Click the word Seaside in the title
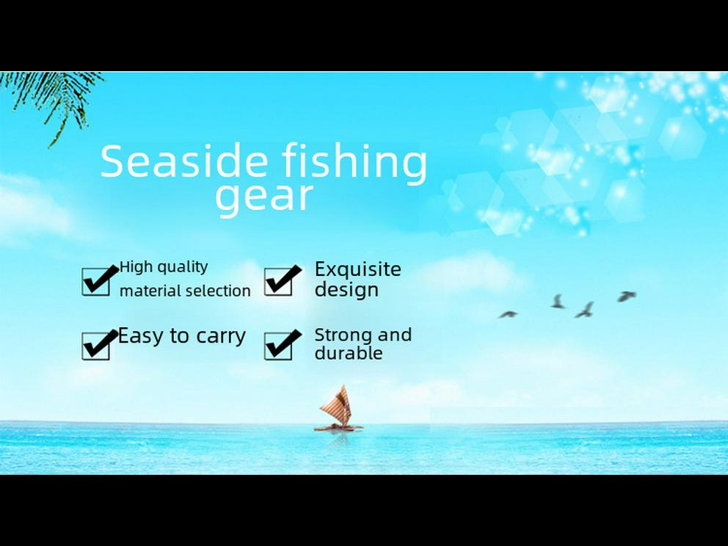(x=184, y=161)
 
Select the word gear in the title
(x=263, y=197)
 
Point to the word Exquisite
(x=357, y=269)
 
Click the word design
(x=346, y=290)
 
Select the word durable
(x=348, y=353)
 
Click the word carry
(x=221, y=337)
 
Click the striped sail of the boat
(x=336, y=406)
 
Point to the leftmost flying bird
(x=508, y=314)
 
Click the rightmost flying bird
(x=626, y=296)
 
